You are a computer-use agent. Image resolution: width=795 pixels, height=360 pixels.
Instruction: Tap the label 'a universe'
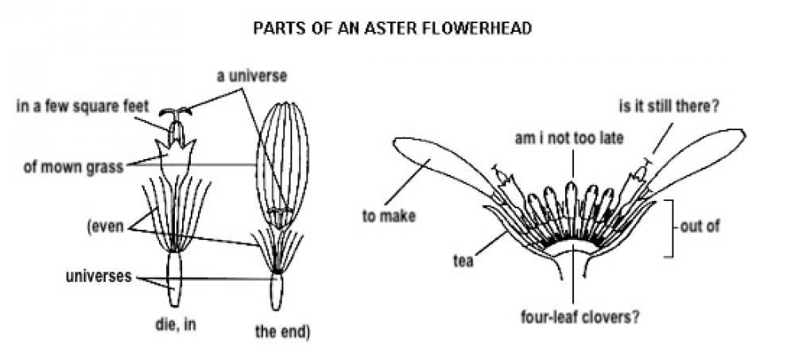(251, 76)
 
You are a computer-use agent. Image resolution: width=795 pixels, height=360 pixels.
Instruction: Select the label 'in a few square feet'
(83, 106)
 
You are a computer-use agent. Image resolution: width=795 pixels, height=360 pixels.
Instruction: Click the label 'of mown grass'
(73, 167)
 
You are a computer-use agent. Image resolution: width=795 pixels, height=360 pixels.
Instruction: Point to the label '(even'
(106, 226)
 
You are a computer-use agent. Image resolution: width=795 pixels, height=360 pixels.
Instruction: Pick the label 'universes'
(99, 277)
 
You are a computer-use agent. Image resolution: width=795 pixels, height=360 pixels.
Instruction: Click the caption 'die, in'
(176, 324)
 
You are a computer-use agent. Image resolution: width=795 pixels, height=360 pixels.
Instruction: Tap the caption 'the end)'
(283, 332)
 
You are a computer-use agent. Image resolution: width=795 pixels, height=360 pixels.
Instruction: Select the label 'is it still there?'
(669, 107)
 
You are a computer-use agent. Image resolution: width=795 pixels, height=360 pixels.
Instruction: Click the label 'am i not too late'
(568, 138)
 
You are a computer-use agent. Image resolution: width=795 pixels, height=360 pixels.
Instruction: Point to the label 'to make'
(389, 216)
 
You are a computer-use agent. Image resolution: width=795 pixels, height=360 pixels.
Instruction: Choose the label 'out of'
(700, 226)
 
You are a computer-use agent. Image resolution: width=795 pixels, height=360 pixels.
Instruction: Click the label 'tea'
(463, 261)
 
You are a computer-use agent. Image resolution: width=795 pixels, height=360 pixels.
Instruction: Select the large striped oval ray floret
(282, 165)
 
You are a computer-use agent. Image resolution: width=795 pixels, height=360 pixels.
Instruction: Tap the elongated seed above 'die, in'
(174, 279)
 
